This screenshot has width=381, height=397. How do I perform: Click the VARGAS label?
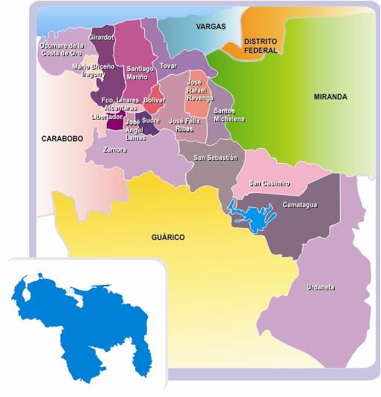point(211,26)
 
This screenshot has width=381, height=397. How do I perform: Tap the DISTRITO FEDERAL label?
point(261,46)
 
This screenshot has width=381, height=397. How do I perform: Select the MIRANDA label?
point(330,96)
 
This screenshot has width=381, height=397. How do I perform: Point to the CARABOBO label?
point(61,138)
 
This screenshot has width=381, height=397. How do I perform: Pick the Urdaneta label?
point(320,287)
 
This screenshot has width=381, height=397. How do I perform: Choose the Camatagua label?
point(300,204)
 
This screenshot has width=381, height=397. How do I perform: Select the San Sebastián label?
point(215,158)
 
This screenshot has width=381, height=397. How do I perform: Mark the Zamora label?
point(115,150)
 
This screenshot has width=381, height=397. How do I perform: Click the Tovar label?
point(168,65)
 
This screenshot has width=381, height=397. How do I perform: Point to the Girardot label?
point(101,37)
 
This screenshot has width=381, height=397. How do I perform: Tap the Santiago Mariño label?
point(140,72)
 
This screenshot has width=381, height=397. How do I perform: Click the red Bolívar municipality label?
point(154,99)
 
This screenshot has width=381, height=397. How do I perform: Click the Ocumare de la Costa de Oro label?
point(61,49)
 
